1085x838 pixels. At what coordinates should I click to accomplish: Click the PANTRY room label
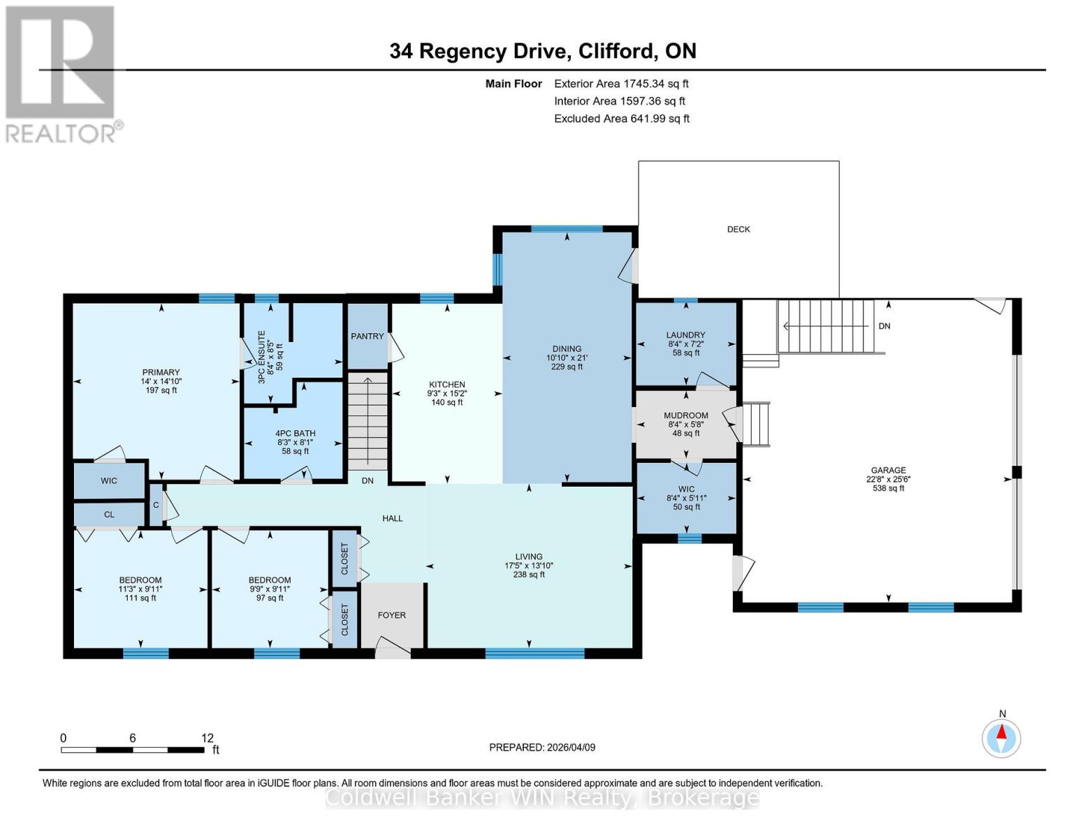(367, 336)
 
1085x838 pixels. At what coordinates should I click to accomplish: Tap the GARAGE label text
(888, 470)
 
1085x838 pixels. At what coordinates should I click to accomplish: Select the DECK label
(738, 229)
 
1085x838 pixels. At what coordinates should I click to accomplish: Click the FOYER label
(391, 615)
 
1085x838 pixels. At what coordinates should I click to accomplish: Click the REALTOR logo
(61, 74)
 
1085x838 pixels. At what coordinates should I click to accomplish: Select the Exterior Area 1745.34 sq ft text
(621, 84)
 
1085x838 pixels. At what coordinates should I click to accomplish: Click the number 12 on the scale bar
(207, 737)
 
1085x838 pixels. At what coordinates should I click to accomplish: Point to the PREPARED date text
(542, 747)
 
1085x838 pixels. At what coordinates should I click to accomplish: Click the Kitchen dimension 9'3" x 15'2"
(447, 394)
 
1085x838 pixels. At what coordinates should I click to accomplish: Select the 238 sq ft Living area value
(528, 575)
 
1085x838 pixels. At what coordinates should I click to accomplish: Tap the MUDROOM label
(685, 416)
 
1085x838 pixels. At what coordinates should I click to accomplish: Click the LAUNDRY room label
(685, 335)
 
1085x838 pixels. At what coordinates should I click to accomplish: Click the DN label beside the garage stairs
(884, 326)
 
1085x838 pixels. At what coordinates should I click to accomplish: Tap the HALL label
(392, 518)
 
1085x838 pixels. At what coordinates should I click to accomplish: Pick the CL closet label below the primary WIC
(109, 515)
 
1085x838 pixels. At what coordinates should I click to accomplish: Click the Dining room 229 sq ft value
(566, 367)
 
